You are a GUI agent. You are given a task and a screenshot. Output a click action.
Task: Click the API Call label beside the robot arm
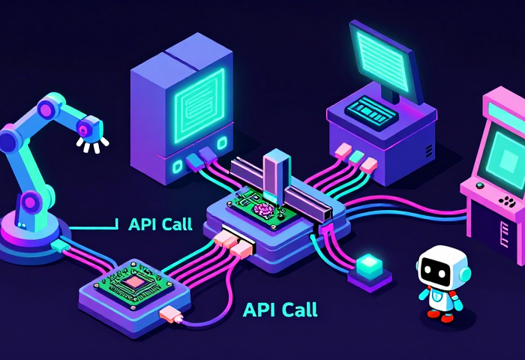tap(160, 223)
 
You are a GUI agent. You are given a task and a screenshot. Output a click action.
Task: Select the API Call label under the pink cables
tap(280, 309)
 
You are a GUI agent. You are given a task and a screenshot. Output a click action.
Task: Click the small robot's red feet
tap(440, 316)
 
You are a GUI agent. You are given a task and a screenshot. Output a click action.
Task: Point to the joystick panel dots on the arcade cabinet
tap(508, 201)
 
